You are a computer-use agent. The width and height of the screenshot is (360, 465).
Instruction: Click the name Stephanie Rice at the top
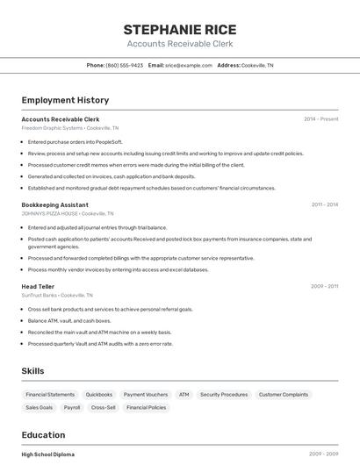pos(179,30)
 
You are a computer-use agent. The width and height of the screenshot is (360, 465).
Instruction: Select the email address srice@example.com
pos(189,65)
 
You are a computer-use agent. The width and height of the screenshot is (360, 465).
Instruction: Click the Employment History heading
pos(65,100)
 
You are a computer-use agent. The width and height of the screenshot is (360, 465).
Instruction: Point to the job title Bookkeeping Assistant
pos(54,204)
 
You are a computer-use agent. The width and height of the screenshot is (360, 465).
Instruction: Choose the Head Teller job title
pos(38,286)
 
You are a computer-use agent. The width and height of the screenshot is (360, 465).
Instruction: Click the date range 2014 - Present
pos(320,118)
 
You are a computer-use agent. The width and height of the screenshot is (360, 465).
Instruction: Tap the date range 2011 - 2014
pos(324,204)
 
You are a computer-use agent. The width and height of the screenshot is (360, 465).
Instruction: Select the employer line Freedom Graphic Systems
pos(70,127)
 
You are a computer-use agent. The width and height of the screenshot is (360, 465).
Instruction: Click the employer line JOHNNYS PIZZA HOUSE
pos(68,213)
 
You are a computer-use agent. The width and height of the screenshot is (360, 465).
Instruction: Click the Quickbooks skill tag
pos(99,395)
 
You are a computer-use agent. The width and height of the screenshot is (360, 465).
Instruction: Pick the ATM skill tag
pos(184,395)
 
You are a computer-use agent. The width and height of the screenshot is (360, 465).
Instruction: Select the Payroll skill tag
pos(72,407)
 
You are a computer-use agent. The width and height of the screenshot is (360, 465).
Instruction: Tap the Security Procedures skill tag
pos(224,395)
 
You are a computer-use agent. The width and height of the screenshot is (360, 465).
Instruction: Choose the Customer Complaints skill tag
pos(284,395)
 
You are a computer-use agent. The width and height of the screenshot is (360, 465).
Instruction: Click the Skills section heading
pos(33,371)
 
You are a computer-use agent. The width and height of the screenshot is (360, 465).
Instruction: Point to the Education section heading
pos(43,434)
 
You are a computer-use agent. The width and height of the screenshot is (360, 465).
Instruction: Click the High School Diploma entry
pos(48,454)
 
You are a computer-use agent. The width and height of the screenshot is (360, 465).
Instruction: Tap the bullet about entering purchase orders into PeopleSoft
pos(76,141)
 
